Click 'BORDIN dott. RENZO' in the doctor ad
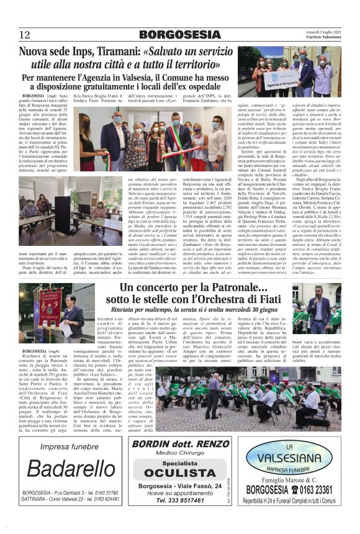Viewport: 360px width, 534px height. tap(174, 445)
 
